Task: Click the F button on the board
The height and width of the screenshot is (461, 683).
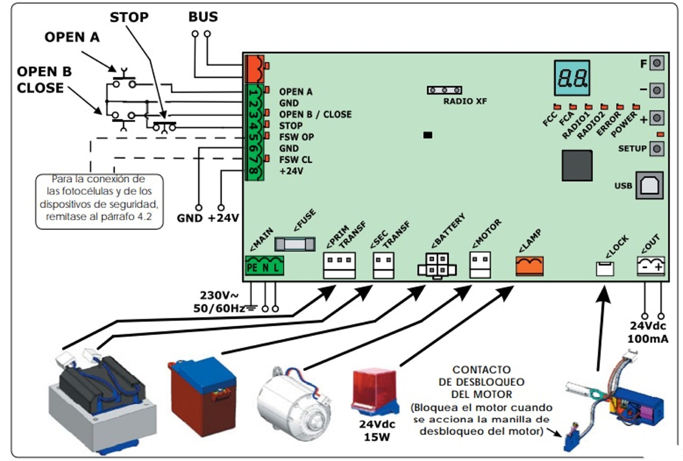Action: pos(657,63)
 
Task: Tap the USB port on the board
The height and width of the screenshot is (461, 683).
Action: pos(649,186)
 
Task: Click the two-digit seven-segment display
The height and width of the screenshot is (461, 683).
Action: pos(572,78)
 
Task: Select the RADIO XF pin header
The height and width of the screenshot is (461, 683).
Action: pos(444,90)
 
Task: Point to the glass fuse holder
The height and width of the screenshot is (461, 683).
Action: pos(295,244)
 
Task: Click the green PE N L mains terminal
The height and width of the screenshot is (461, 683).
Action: pos(264,266)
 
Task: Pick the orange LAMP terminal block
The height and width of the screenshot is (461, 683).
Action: pos(529,266)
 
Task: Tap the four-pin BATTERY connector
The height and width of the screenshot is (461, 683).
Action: pos(437,265)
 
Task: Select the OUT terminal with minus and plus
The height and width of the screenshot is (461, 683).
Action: pos(651,266)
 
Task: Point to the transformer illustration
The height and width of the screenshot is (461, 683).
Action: pos(101,403)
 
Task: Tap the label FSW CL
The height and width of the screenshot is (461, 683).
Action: pos(295,160)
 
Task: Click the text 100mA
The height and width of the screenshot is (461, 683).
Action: pos(648,339)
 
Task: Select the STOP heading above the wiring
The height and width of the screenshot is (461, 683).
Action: pos(129,17)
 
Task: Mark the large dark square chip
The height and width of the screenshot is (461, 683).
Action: pos(577,165)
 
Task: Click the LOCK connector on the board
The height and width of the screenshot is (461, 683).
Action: pos(605,269)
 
